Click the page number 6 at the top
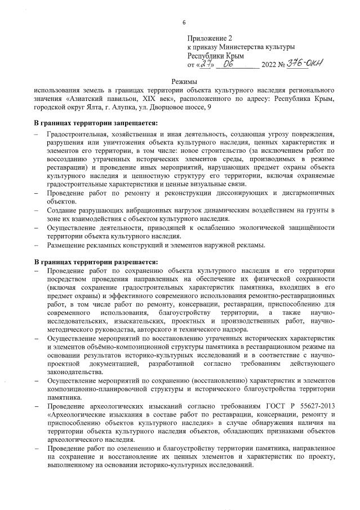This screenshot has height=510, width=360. tap(184, 22)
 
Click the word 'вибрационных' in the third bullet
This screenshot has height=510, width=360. tap(143, 210)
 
